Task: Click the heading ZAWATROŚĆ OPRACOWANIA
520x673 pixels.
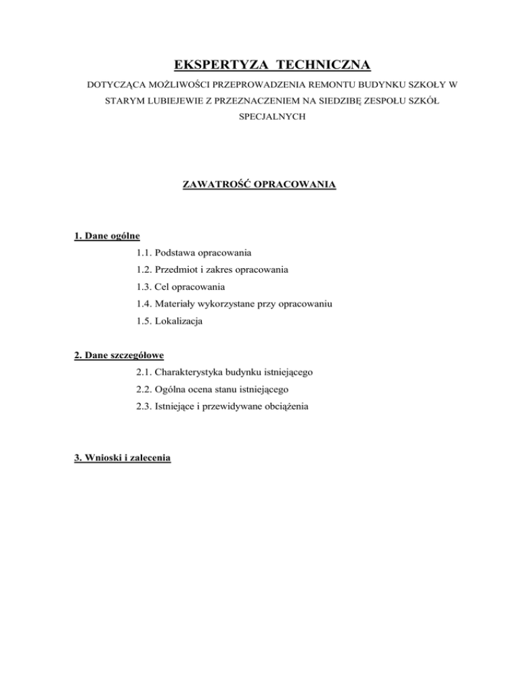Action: [x=260, y=183]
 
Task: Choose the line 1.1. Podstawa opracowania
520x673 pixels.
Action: [x=193, y=253]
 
